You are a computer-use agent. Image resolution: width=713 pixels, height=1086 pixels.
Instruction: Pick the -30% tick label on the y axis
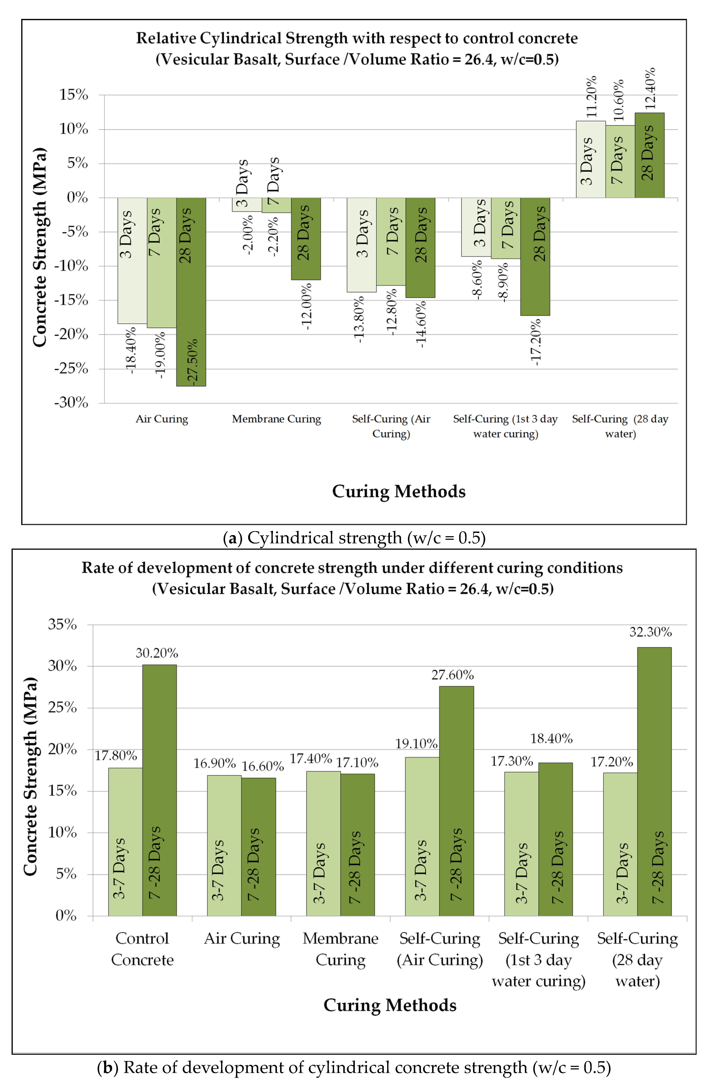pos(71,402)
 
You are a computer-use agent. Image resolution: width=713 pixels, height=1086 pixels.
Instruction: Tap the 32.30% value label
pos(650,632)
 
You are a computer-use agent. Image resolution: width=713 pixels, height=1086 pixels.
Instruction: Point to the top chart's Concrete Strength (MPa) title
pos(40,247)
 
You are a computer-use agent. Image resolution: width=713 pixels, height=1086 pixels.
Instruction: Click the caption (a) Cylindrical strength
pos(354,538)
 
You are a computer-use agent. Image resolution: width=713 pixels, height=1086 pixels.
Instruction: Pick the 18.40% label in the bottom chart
pos(551,738)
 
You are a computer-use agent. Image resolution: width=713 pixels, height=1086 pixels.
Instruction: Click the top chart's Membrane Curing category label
pos(277,419)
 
